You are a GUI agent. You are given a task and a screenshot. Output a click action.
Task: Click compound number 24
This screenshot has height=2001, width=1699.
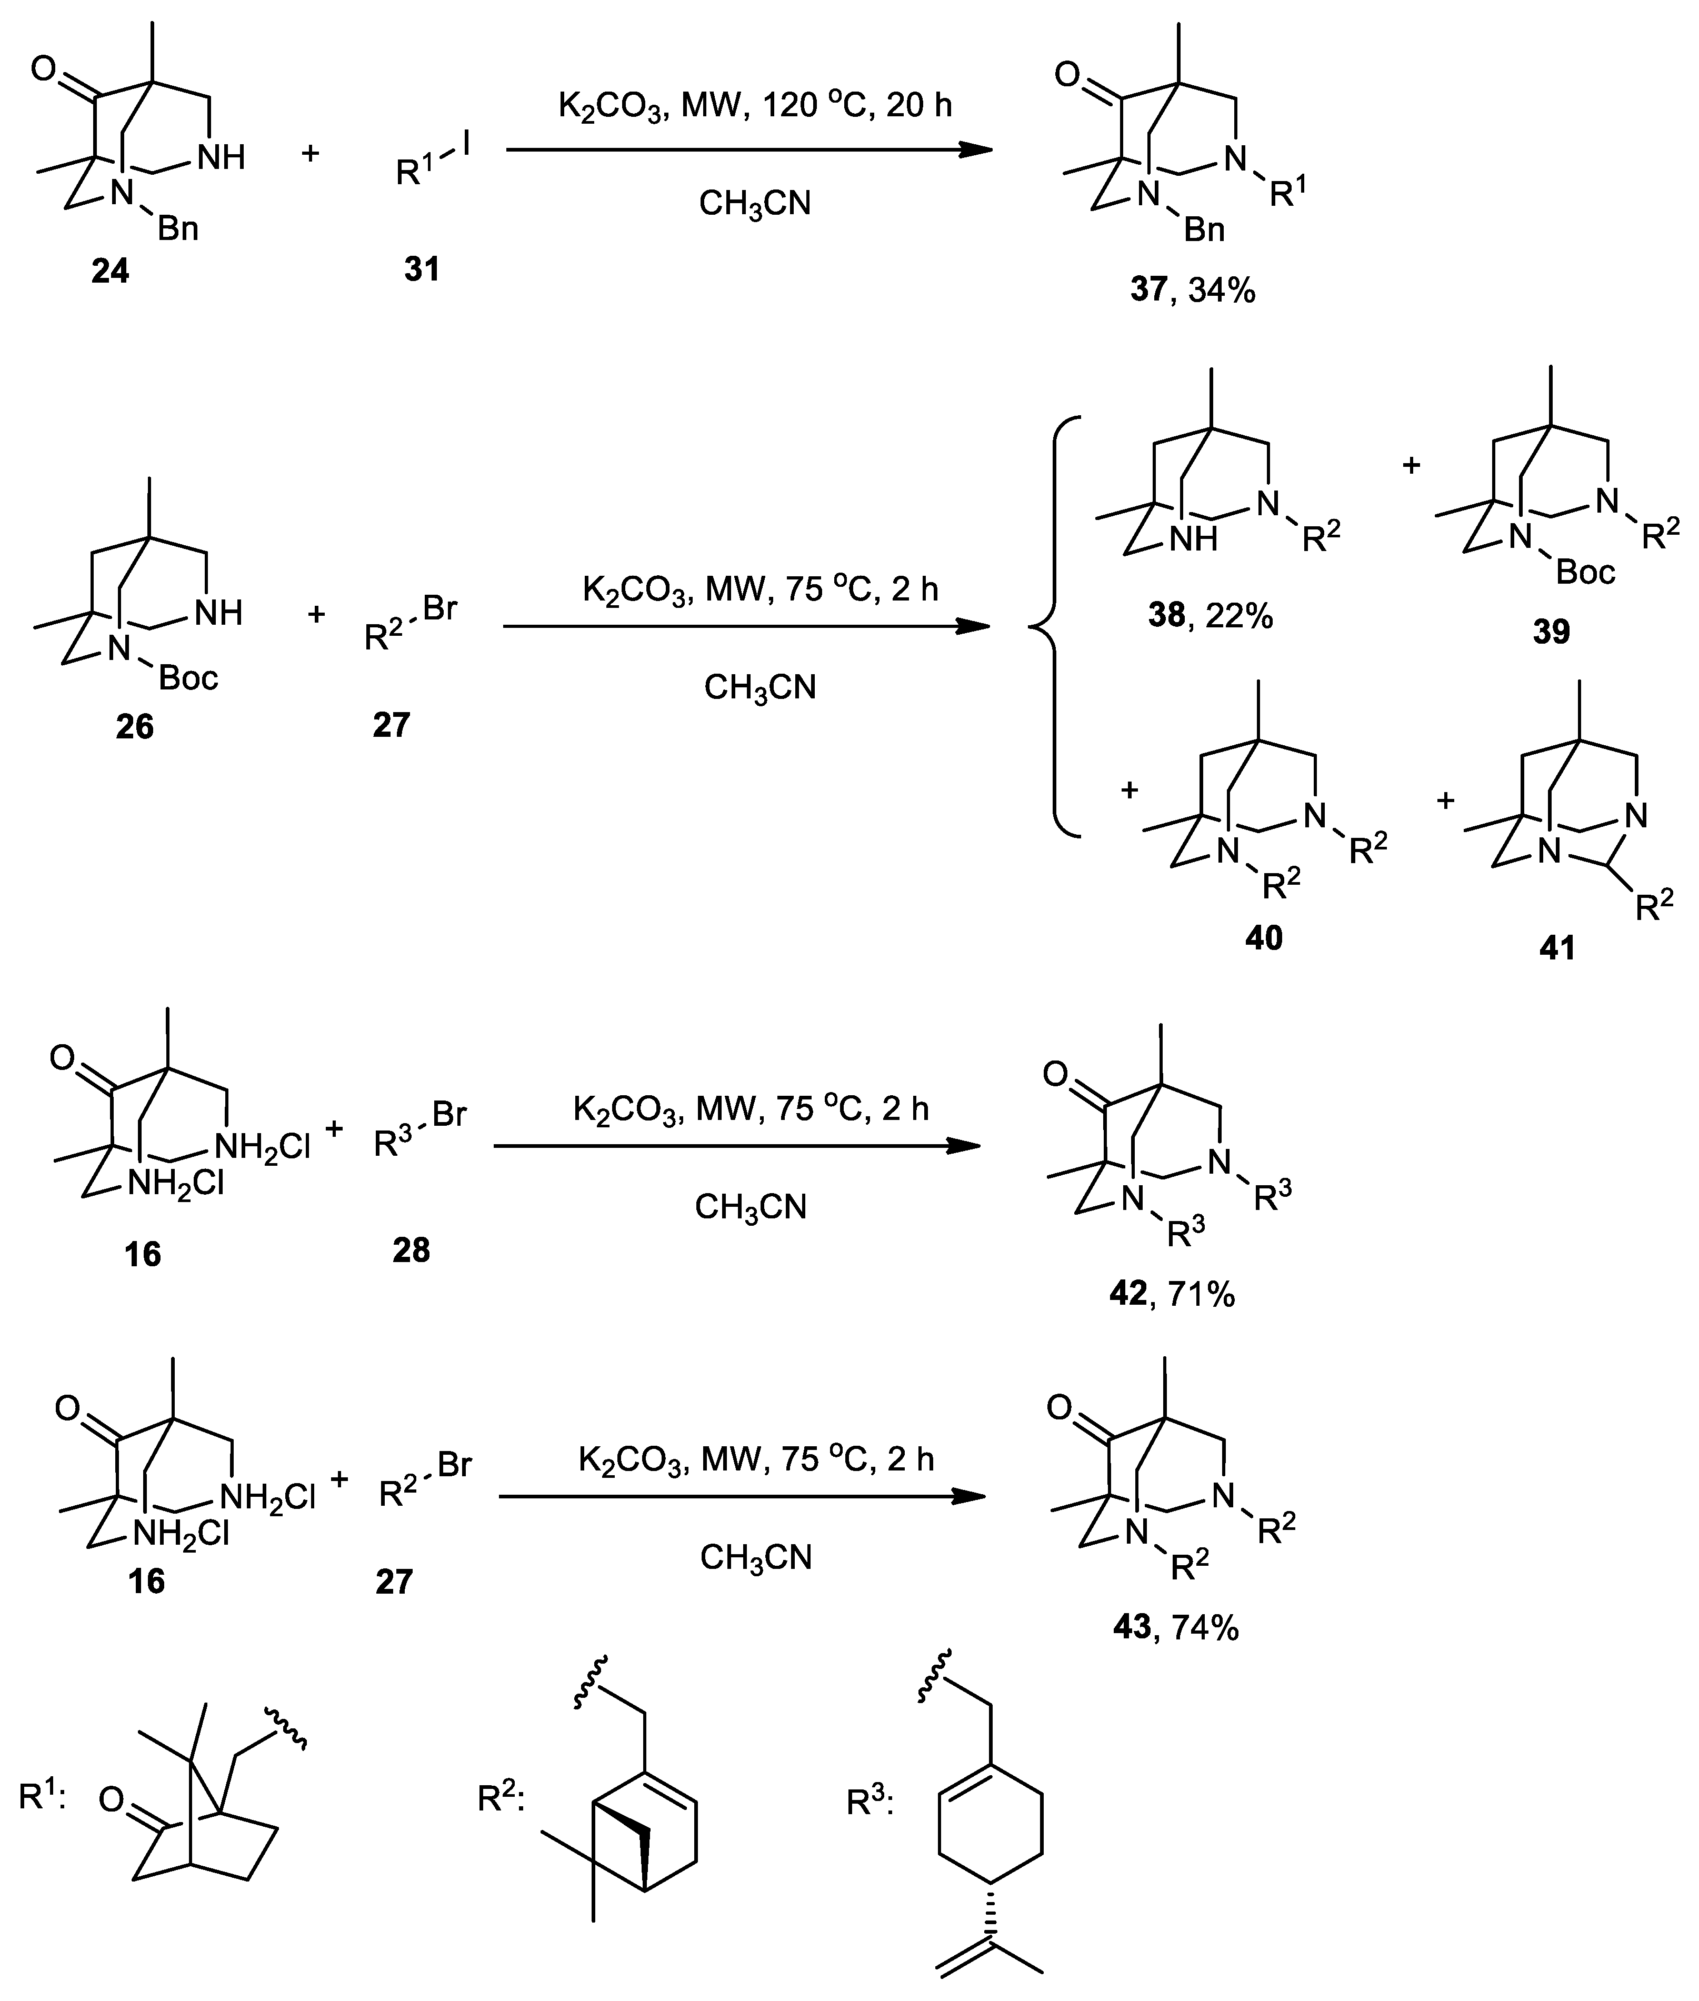(110, 272)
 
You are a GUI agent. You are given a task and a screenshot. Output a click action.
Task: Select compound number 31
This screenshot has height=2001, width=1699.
(422, 268)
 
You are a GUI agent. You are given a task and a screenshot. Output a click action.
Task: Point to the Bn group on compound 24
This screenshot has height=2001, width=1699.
(178, 228)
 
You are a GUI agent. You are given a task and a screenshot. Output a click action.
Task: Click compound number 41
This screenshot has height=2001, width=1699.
(1557, 947)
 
